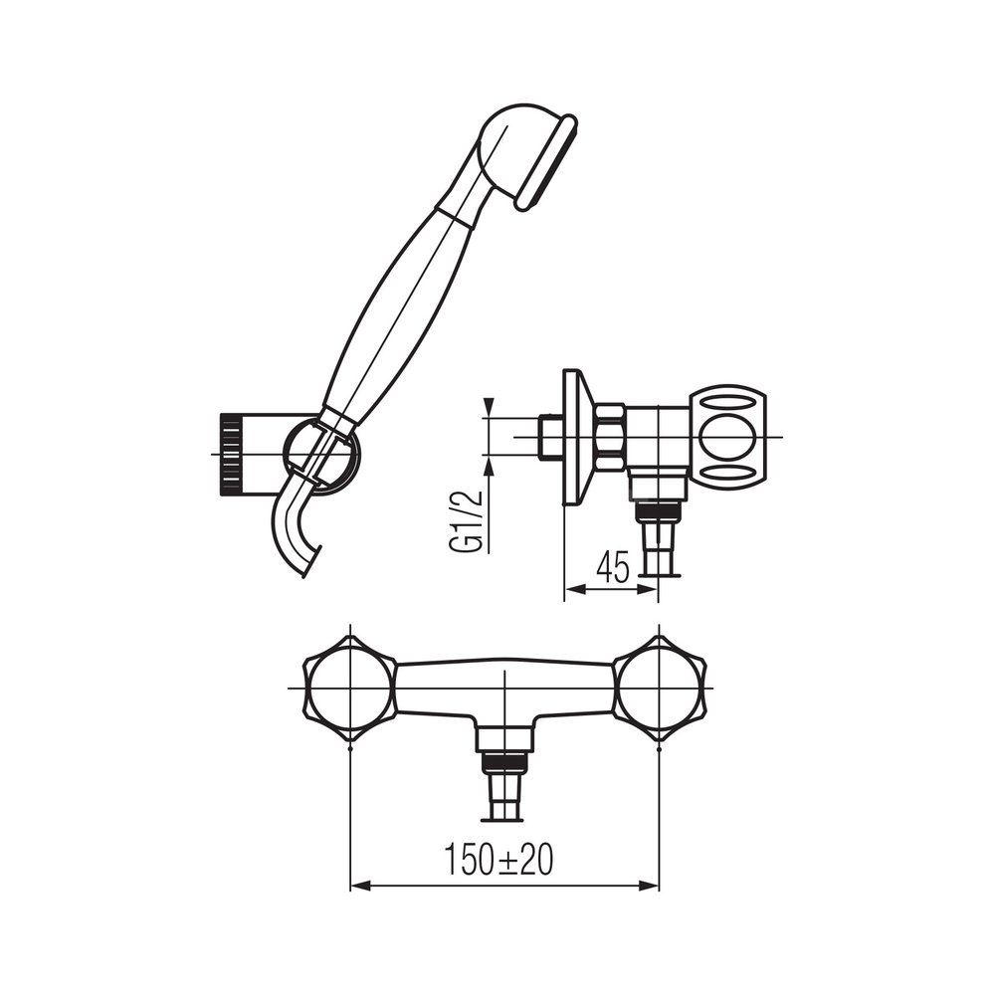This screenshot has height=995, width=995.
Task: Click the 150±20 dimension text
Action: pos(498,860)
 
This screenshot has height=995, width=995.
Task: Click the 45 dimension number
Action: pos(612,567)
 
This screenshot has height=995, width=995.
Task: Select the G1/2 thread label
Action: pos(474,521)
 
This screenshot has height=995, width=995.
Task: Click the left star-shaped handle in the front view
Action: pos(350,688)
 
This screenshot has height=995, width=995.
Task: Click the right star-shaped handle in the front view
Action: pos(660,688)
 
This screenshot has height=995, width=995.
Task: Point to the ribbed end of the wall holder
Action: pos(231,455)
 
